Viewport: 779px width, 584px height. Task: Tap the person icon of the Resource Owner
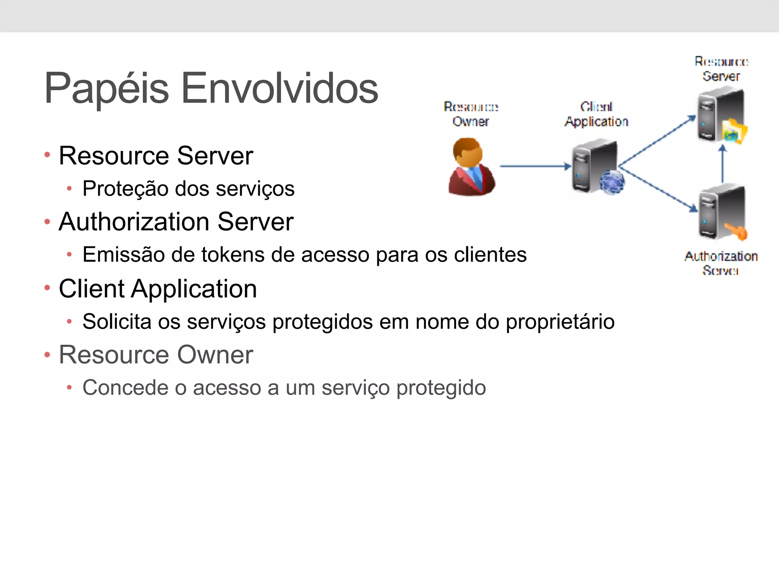click(x=472, y=167)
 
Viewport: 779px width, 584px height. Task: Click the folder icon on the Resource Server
click(x=734, y=132)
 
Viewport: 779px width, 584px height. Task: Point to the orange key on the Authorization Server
click(x=736, y=231)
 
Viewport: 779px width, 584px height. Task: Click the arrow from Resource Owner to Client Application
click(x=534, y=166)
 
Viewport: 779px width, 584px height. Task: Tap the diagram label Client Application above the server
click(x=596, y=114)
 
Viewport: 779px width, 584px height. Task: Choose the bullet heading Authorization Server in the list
click(x=176, y=222)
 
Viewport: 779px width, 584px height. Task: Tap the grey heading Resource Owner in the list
click(x=156, y=355)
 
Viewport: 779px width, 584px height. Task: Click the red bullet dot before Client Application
click(x=47, y=288)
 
